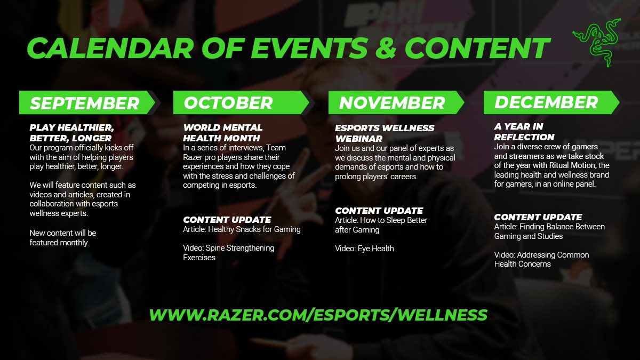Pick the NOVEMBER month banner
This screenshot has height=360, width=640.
click(392, 102)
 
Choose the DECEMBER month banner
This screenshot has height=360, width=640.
click(546, 102)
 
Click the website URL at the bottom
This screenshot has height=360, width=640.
click(318, 315)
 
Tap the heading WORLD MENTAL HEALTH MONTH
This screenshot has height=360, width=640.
click(222, 132)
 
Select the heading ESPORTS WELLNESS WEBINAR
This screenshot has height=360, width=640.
click(384, 133)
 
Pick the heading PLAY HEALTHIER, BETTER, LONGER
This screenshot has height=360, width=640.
click(71, 132)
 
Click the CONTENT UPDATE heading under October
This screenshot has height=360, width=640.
click(227, 220)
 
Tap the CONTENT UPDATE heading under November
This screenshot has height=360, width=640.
click(379, 211)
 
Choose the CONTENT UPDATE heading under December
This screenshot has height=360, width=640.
click(538, 217)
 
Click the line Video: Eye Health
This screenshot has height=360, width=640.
click(364, 248)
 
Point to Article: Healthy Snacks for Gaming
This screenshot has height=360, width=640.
click(242, 229)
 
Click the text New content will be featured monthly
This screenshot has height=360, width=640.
click(63, 238)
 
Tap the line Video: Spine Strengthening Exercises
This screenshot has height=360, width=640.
click(228, 252)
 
